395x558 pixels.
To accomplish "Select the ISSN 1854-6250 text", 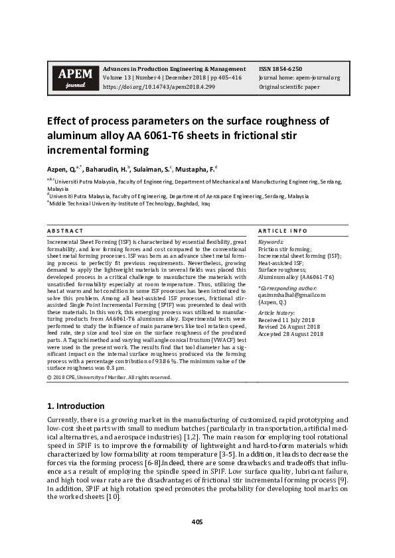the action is pyautogui.click(x=280, y=69).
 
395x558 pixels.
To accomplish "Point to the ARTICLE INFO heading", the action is pyautogui.click(x=282, y=231).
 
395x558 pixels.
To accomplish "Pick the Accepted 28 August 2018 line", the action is pyautogui.click(x=290, y=335).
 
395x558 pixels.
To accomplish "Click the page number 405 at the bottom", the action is pyautogui.click(x=197, y=522).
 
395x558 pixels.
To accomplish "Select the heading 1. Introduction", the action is pyautogui.click(x=76, y=406).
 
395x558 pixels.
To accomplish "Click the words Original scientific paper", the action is pyautogui.click(x=289, y=87).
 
